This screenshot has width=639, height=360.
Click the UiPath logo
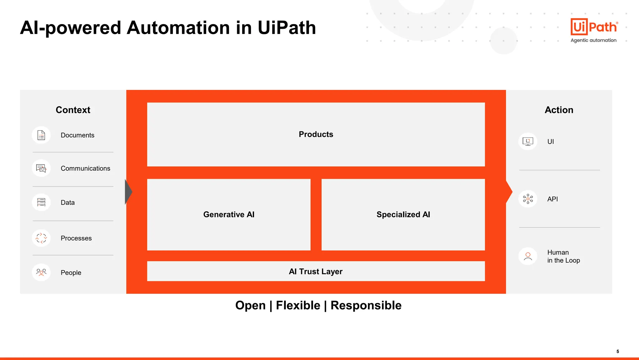pos(594,27)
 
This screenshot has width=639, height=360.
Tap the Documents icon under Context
pos(41,135)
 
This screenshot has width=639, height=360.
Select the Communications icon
pos(41,168)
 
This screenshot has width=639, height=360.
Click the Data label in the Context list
pos(67,203)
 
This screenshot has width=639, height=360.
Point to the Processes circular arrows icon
pos(41,238)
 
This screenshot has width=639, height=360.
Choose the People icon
pos(41,272)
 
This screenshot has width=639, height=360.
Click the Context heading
pos(73,110)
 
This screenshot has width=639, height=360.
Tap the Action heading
pos(559,110)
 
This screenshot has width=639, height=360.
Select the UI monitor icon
pos(528,142)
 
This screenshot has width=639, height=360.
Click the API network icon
pos(528,199)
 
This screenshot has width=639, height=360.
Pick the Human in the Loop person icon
pos(528,256)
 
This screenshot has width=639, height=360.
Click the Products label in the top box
pos(316,134)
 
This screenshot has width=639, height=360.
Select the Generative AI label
pos(229,215)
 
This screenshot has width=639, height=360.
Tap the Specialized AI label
pos(403,215)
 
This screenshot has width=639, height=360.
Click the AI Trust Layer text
pos(315,272)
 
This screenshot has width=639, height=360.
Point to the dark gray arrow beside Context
pos(128,192)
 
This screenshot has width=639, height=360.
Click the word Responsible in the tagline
pos(366,305)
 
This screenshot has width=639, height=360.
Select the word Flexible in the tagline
pos(298,305)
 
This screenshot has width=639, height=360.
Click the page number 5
pos(617,352)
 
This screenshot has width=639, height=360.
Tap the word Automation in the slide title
pos(178,28)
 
